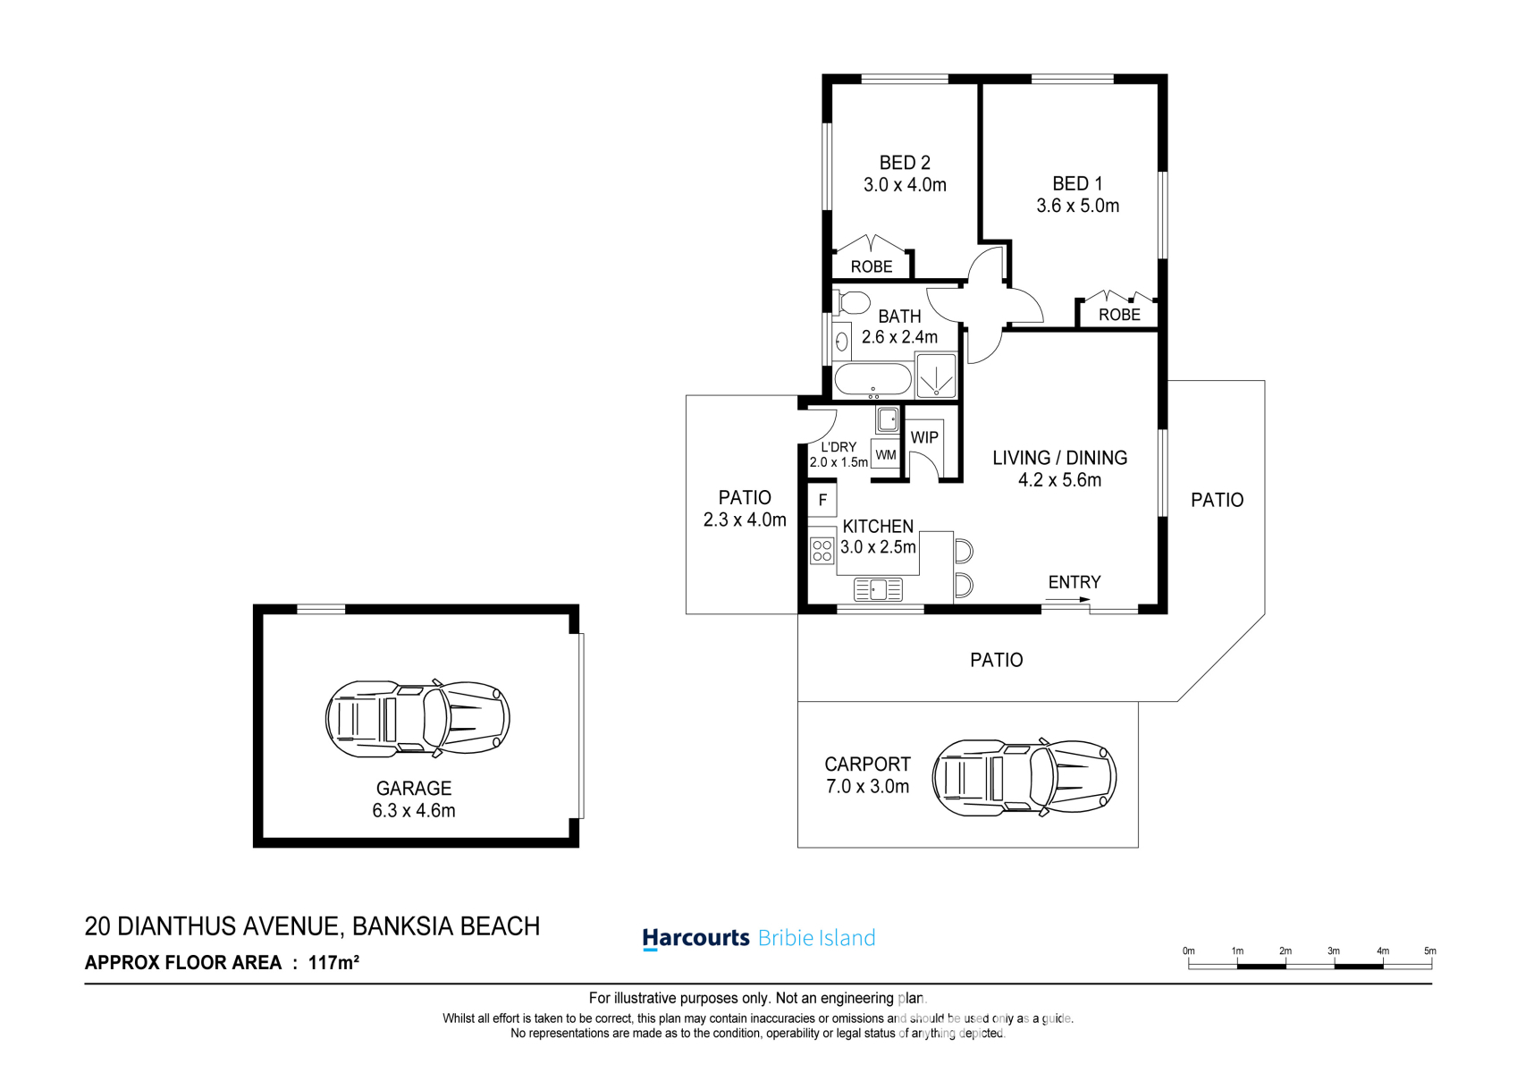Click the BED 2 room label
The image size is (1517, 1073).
click(x=905, y=163)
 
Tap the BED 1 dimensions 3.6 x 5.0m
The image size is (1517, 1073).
click(x=1077, y=206)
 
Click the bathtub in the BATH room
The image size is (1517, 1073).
click(x=873, y=381)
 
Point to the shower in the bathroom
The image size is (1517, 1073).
click(x=935, y=375)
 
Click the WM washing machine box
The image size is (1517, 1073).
click(x=886, y=454)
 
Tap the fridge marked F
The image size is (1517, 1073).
click(x=822, y=500)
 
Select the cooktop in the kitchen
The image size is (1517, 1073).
click(x=822, y=551)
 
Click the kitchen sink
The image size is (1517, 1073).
click(x=879, y=589)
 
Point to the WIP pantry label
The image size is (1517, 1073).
click(x=924, y=437)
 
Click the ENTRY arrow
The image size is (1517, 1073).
click(x=1067, y=599)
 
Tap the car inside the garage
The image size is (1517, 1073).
click(x=417, y=719)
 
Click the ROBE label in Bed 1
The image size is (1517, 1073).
click(x=1119, y=315)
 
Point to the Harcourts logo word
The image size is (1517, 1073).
click(x=696, y=938)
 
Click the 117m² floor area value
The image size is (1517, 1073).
click(x=333, y=963)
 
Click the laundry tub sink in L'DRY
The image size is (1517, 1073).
click(x=887, y=420)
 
